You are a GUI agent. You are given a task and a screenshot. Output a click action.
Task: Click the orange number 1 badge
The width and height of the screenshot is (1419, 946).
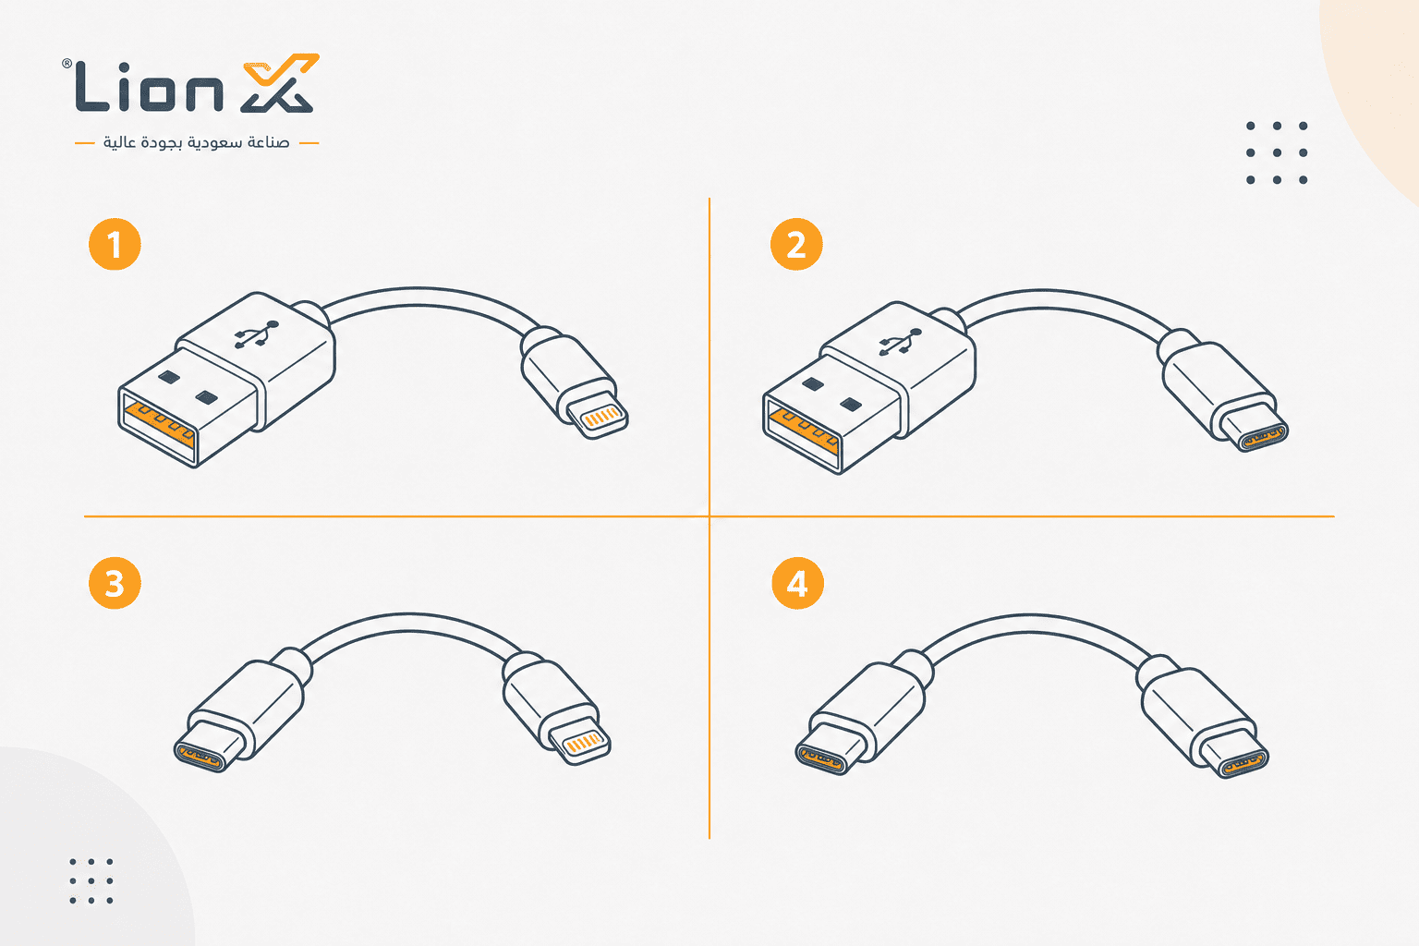tap(115, 244)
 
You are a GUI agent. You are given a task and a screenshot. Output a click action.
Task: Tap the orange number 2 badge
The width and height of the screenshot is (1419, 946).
tap(796, 244)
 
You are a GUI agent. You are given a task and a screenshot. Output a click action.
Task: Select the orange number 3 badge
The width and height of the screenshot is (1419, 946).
tap(115, 583)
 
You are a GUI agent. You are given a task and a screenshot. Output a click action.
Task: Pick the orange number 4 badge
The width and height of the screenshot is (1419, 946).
tap(797, 583)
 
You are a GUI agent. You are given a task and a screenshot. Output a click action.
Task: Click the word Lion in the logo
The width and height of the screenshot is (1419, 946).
tap(150, 87)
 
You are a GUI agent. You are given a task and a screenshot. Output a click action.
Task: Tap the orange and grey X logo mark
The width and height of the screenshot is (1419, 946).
tap(280, 83)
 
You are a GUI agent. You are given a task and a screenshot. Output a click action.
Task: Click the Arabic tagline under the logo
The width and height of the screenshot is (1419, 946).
tap(197, 142)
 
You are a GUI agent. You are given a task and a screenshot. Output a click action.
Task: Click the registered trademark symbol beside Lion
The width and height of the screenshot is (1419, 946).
tap(67, 64)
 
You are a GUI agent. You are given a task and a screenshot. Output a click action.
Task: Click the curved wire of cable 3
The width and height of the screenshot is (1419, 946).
tap(410, 622)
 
